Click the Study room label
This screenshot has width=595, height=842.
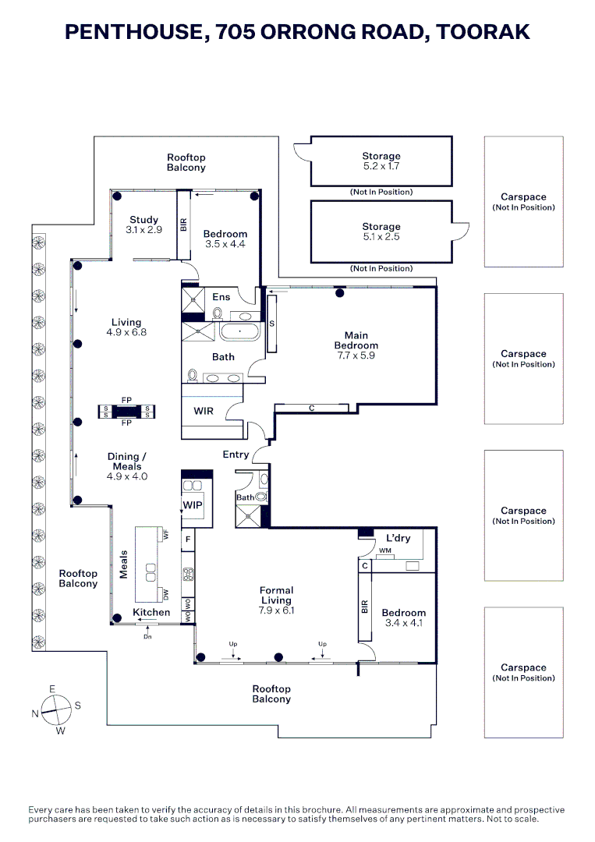pos(144,220)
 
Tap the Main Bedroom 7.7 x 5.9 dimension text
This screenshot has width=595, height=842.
pos(356,356)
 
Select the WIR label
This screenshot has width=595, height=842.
pos(204,411)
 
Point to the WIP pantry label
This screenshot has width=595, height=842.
pos(193,504)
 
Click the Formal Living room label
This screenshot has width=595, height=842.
pos(276,595)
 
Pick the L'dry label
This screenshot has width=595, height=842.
pos(398,538)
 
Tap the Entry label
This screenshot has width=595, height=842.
pos(236,455)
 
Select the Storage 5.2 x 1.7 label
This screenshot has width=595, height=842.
pos(381,161)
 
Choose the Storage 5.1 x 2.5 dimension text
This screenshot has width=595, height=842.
pos(381,237)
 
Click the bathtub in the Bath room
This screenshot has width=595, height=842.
pos(239,331)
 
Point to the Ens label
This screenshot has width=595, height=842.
pos(221,297)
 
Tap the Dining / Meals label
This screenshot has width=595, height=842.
pos(127,462)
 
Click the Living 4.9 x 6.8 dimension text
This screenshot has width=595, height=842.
pos(126,332)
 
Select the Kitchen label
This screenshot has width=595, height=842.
pos(151,612)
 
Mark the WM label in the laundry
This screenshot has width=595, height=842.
pos(385,551)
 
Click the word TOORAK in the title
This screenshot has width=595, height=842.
pos(483,32)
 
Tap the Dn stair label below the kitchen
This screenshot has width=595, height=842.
pos(147,637)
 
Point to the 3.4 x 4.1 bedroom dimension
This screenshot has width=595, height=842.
pos(404,623)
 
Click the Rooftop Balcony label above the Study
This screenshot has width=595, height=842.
pos(186,162)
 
